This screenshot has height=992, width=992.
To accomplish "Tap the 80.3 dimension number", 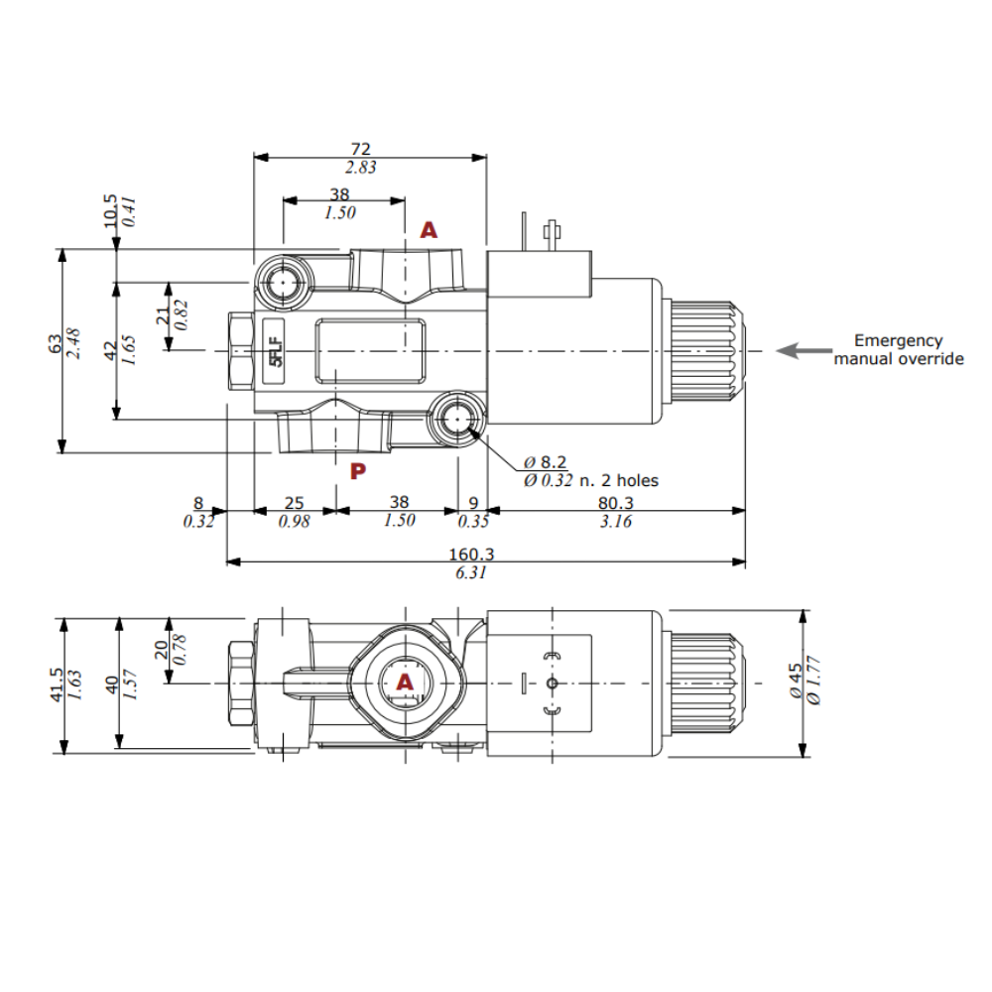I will [616, 504].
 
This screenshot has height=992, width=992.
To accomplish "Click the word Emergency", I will [898, 340].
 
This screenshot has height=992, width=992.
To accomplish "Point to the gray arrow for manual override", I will [803, 350].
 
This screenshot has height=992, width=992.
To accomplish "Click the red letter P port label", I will [359, 470].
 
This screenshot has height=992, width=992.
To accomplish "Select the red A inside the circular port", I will [405, 682].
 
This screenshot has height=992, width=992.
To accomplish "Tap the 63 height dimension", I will [56, 344].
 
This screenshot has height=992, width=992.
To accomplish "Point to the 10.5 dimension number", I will [110, 209].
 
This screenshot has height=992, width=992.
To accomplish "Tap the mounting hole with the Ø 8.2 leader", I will [456, 421].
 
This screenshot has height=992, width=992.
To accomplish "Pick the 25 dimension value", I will [294, 504].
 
